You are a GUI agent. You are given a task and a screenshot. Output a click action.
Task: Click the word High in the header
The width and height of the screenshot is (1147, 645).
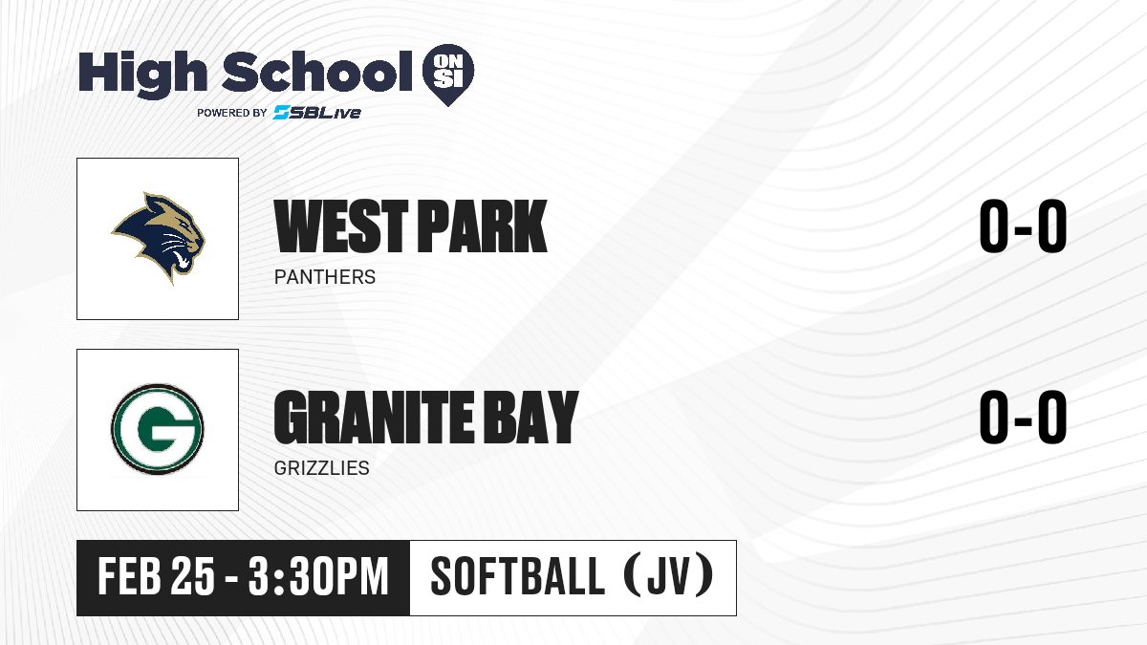[x=142, y=75]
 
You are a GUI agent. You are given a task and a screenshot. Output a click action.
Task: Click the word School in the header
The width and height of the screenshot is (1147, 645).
[x=317, y=72]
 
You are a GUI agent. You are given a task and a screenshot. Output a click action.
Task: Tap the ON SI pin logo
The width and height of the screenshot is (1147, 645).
[x=448, y=75]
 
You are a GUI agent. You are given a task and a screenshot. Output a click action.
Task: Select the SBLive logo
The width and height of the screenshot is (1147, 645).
[x=317, y=113]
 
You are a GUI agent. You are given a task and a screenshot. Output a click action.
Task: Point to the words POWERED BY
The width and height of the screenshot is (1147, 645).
[x=232, y=113]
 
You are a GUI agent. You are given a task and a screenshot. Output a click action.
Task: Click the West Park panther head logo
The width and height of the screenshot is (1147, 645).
[x=159, y=238]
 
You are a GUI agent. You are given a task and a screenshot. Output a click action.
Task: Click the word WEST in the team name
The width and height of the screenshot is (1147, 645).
[x=341, y=226]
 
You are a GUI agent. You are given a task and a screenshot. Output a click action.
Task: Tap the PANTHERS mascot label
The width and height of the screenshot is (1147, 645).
[x=325, y=277]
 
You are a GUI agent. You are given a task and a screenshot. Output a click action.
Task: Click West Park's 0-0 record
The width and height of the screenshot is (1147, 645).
[x=1023, y=226]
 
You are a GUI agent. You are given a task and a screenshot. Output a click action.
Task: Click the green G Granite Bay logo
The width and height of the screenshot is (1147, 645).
[x=158, y=429]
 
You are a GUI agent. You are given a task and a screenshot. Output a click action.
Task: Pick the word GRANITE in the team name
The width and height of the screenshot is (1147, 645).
[x=374, y=417]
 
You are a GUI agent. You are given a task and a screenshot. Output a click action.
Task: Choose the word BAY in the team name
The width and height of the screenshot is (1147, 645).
[x=531, y=417]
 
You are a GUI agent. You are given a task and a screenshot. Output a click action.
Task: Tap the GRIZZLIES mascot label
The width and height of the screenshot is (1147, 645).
[x=321, y=468]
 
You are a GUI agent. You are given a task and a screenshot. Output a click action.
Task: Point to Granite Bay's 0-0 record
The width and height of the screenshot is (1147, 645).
[x=1023, y=417]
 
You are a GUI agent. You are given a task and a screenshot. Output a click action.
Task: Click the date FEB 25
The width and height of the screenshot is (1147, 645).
[x=156, y=577]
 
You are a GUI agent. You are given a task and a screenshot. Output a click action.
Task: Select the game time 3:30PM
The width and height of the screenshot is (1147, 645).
[x=318, y=577]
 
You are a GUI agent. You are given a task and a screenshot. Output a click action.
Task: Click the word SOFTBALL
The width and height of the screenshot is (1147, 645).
[x=518, y=577]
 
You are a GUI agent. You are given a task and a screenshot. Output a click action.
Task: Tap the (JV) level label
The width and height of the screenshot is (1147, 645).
[x=669, y=576]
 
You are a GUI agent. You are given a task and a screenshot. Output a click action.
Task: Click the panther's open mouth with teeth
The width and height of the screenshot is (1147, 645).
[x=181, y=259]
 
